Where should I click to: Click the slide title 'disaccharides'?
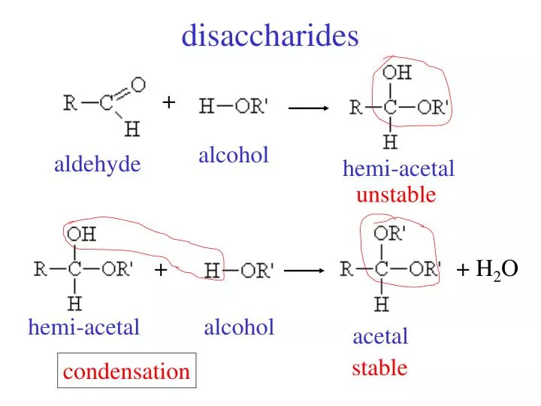[x=270, y=35]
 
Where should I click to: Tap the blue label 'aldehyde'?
[x=97, y=165]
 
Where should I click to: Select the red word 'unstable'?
[x=395, y=195]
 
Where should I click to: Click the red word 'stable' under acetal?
[x=379, y=368]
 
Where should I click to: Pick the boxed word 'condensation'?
[x=126, y=371]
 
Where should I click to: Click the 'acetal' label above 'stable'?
[x=380, y=336]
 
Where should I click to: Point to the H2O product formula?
[x=497, y=269]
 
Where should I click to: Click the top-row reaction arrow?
[x=309, y=108]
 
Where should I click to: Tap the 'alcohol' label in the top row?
[x=234, y=156]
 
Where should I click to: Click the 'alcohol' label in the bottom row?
[x=239, y=327]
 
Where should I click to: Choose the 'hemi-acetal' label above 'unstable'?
[x=398, y=169]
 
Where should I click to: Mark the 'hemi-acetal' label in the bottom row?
[x=84, y=327]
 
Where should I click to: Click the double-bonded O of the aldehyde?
[x=138, y=84]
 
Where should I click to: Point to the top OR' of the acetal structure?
[x=389, y=233]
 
